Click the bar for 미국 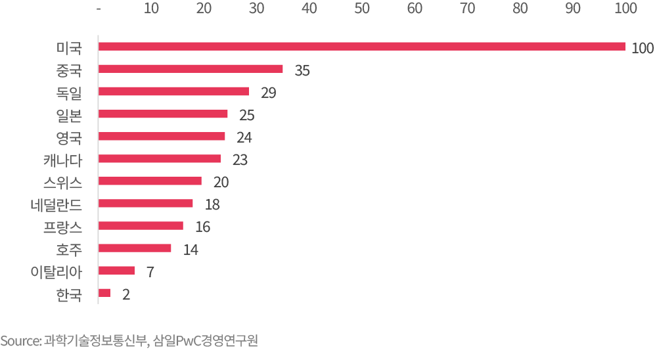361,47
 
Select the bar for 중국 191,69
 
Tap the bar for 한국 104,292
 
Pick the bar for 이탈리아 116,270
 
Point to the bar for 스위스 150,181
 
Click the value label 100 643,49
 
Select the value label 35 302,71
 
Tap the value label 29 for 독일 268,93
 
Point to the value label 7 150,272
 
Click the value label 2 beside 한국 125,294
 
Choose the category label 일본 69,114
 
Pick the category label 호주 69,248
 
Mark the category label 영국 69,137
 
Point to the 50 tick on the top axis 361,9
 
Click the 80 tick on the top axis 520,9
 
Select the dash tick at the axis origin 99,9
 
